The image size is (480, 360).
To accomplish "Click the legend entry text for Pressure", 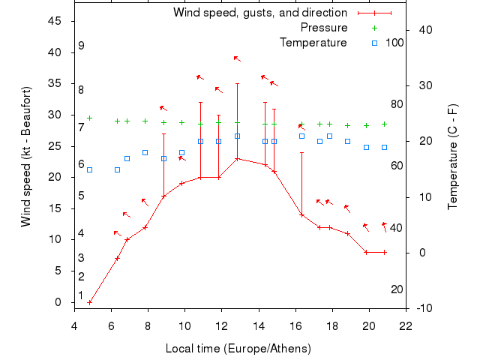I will (x=324, y=28).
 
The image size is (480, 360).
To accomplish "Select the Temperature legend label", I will (x=313, y=43).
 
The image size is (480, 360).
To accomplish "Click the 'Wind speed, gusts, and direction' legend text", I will (x=260, y=13).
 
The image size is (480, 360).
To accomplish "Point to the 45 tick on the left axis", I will (x=55, y=21).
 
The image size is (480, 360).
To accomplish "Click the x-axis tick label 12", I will (x=221, y=325).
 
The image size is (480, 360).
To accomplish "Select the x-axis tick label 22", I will (x=406, y=325).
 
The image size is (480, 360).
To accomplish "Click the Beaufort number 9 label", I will (x=81, y=46).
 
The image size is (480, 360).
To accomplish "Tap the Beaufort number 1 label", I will (x=81, y=295).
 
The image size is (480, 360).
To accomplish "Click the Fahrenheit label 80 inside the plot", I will (x=397, y=104).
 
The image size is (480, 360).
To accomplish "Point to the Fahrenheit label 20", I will (x=397, y=289).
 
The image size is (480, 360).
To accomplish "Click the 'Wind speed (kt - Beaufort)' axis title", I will (x=25, y=156).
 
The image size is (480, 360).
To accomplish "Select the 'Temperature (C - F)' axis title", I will (x=453, y=156).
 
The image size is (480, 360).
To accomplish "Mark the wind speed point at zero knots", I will (x=90, y=302).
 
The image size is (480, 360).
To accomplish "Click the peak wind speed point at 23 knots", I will (x=237, y=158).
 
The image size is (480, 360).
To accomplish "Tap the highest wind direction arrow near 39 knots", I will (x=237, y=58).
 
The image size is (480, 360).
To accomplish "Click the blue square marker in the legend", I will (x=375, y=43).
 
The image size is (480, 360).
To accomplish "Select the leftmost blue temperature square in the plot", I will (x=90, y=169).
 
